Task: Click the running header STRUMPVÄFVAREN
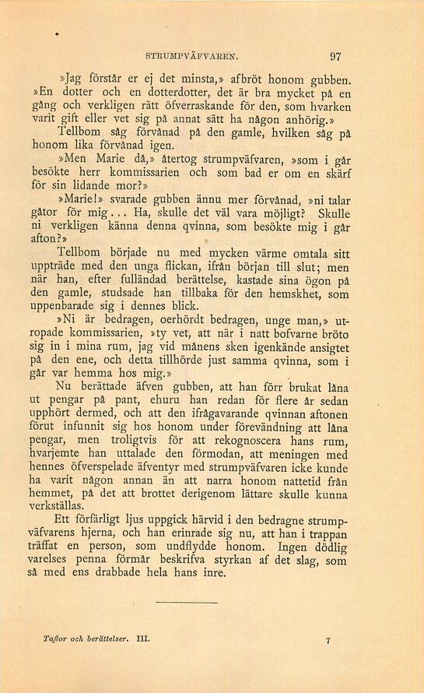point(197,55)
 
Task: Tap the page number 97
point(337,55)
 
